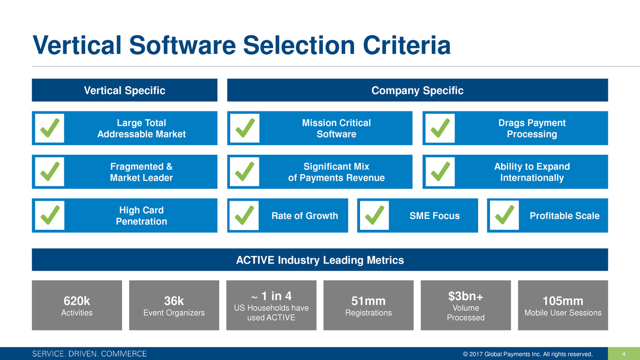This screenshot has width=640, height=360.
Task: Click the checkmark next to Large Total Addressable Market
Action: point(50,128)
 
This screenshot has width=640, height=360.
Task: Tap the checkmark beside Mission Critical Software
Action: point(245,128)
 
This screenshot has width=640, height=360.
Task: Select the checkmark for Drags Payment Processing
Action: point(440,128)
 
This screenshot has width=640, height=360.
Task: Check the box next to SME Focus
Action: point(374,215)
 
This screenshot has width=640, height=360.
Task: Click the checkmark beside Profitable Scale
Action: point(505,215)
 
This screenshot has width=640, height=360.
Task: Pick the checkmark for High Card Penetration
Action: point(50,215)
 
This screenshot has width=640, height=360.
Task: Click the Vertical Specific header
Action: point(125,90)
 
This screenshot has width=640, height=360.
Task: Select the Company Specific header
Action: point(417,90)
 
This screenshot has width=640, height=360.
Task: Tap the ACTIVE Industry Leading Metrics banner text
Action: point(320,260)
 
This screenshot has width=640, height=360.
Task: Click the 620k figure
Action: point(77,301)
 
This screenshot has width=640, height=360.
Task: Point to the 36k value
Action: point(174,301)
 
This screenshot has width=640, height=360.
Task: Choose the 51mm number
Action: point(368,301)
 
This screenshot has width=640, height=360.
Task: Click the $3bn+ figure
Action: point(466,296)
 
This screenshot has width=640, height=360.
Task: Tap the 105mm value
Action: point(563,301)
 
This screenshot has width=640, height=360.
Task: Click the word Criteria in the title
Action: point(407,45)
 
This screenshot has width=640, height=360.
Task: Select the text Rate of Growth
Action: point(305,215)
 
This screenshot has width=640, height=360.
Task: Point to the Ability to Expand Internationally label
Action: point(532,172)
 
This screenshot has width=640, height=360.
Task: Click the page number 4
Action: point(624,354)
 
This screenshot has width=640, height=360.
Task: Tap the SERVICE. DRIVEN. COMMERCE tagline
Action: point(89,354)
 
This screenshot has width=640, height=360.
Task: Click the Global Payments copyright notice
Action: point(528,354)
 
